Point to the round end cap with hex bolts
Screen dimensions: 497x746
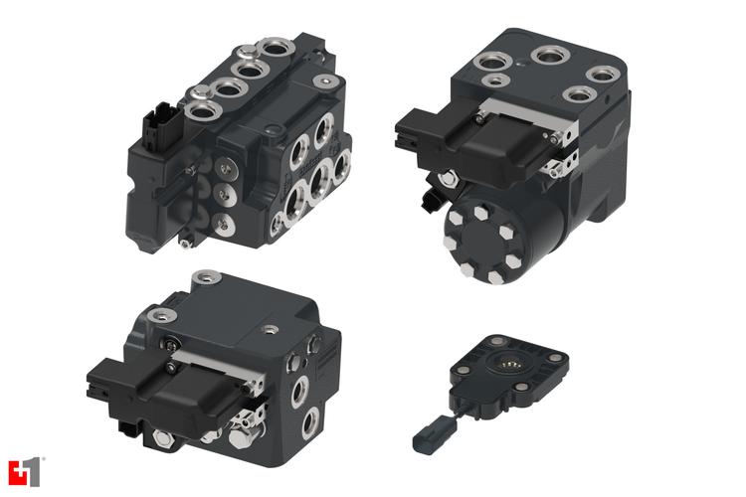click(484, 238)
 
